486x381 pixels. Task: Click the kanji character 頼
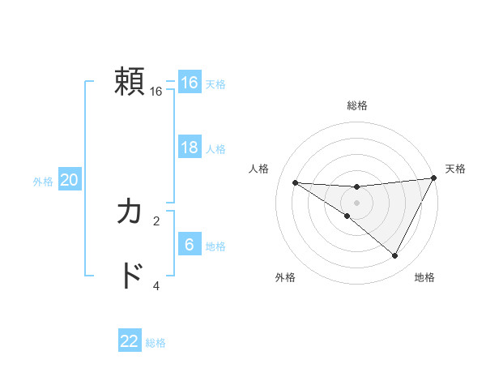130,82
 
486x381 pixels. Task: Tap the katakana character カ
130,212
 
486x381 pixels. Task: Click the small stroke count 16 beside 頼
156,92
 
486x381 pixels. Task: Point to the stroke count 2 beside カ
156,220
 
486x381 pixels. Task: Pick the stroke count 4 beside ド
156,285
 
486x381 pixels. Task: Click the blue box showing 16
190,83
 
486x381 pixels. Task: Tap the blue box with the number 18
190,148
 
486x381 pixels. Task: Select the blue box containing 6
190,245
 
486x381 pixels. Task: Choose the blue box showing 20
69,180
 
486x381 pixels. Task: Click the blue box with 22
130,341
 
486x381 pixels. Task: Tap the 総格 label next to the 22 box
156,343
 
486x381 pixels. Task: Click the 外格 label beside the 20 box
43,182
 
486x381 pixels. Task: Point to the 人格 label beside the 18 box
215,149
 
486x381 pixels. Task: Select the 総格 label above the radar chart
357,105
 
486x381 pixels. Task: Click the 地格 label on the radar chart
424,277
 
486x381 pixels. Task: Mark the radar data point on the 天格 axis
433,178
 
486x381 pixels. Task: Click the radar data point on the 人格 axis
295,182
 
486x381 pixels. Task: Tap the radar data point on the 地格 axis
395,256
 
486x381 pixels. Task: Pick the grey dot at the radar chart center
356,202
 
